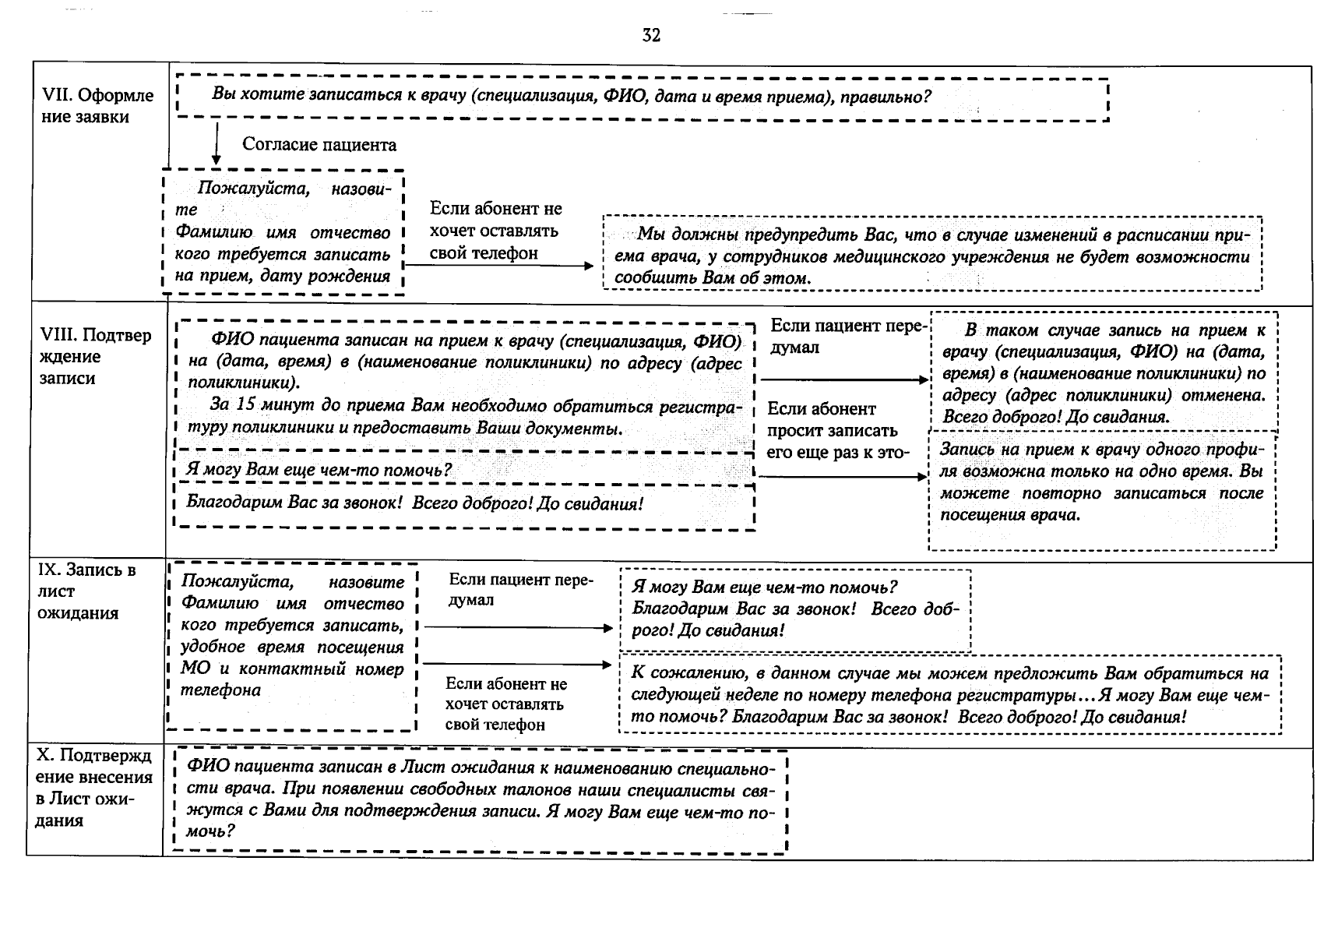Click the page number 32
(x=651, y=35)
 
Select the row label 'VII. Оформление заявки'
(x=97, y=106)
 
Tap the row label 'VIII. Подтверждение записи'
(x=95, y=357)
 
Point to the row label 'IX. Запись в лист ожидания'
(x=86, y=591)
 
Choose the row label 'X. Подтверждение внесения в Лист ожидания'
(x=93, y=788)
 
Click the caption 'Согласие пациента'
(x=319, y=144)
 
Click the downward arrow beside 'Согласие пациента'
(x=217, y=144)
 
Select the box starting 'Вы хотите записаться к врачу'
(x=643, y=98)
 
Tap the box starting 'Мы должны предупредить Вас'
(x=932, y=256)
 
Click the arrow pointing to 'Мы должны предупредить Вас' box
(x=498, y=266)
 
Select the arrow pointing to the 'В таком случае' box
(x=844, y=380)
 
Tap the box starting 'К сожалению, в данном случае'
(x=949, y=695)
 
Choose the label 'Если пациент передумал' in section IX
(x=520, y=590)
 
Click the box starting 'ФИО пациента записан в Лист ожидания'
(x=481, y=800)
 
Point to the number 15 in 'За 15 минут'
(x=245, y=405)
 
